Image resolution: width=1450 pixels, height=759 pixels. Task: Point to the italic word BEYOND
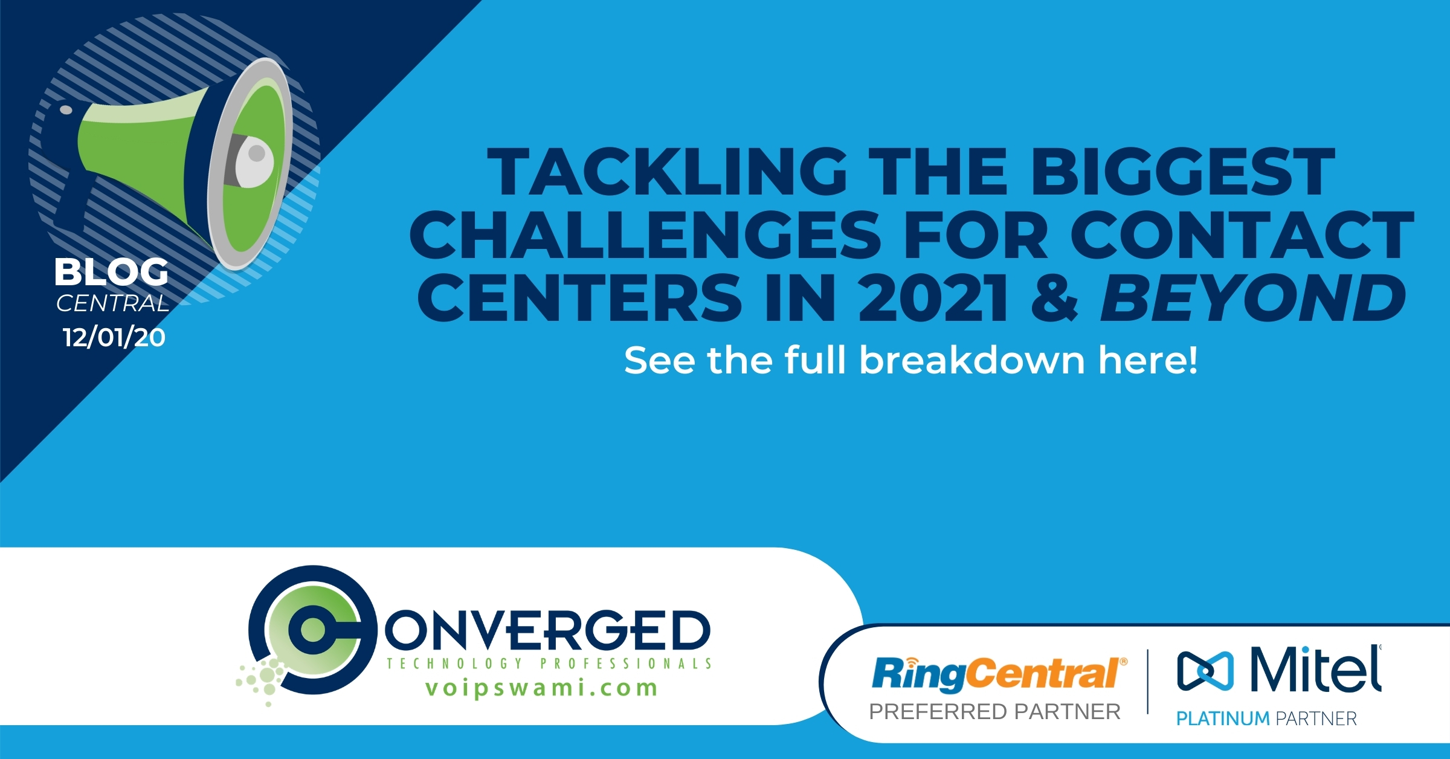1253,297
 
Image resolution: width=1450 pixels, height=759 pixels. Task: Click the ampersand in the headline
1054,297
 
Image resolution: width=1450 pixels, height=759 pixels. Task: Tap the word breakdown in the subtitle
972,360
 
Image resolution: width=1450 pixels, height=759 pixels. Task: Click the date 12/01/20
114,337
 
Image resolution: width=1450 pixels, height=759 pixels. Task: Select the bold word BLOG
112,272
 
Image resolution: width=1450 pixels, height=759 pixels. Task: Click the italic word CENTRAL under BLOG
113,303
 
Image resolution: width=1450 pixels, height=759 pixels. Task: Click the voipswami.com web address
542,688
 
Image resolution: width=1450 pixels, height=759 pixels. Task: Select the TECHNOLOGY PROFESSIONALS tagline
549,663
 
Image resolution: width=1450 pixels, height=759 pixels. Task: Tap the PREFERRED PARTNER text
995,712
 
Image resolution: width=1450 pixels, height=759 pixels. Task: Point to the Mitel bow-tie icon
1206,671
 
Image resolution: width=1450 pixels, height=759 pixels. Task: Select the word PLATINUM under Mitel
1223,719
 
